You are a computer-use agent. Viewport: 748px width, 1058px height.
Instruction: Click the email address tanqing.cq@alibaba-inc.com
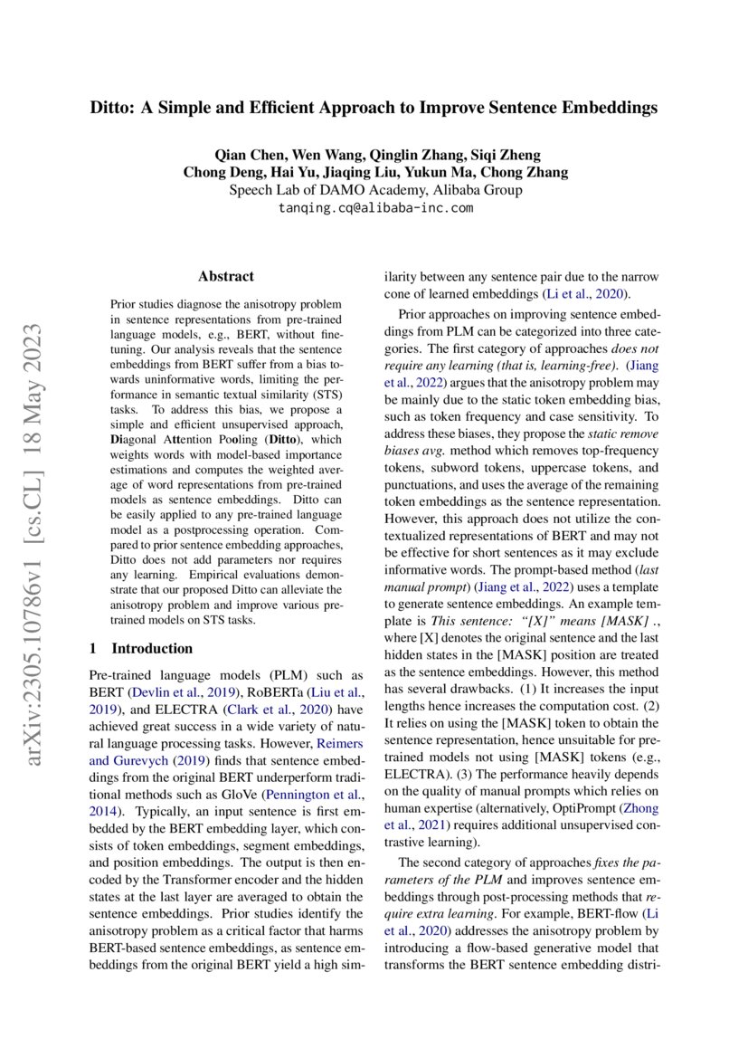374,207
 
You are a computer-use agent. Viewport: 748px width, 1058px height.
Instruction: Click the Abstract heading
226,276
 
